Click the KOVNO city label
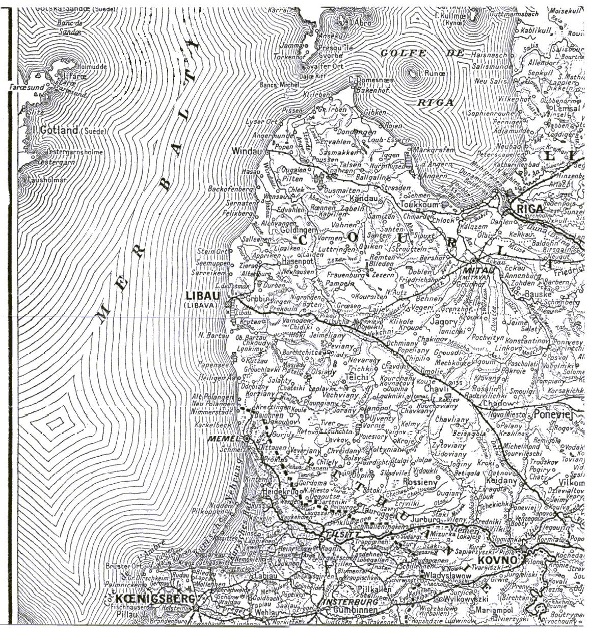[500, 559]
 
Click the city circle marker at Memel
[246, 438]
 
